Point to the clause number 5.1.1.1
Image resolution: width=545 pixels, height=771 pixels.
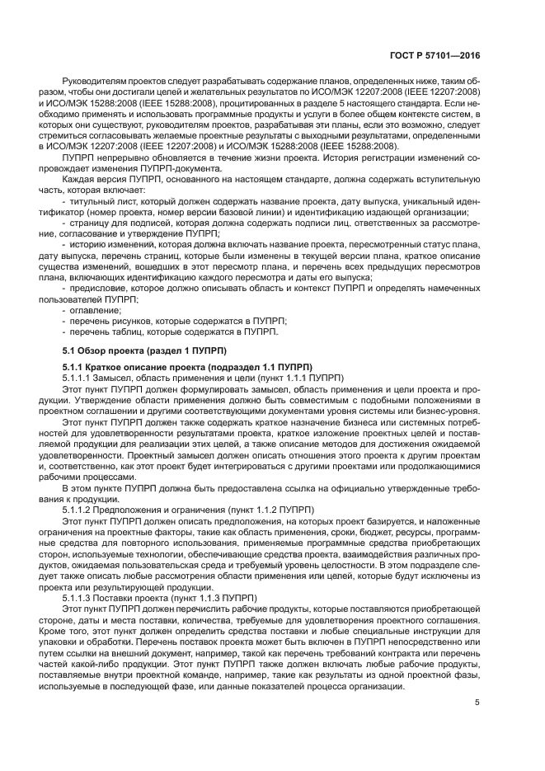80,377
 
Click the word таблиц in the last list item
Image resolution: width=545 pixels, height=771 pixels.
139,331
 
